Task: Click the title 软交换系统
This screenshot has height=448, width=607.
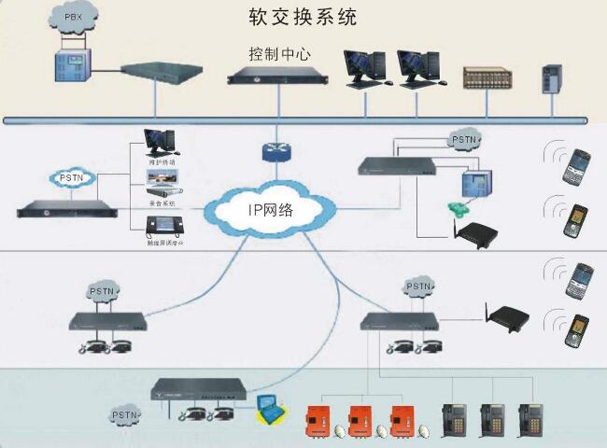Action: coord(303,17)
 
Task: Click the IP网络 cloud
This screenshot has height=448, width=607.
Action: coord(271,209)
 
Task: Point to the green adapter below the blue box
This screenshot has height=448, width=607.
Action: coord(458,207)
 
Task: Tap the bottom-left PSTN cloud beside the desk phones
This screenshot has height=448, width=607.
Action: coord(126,414)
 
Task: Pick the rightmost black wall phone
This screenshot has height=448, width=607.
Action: coord(532,418)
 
